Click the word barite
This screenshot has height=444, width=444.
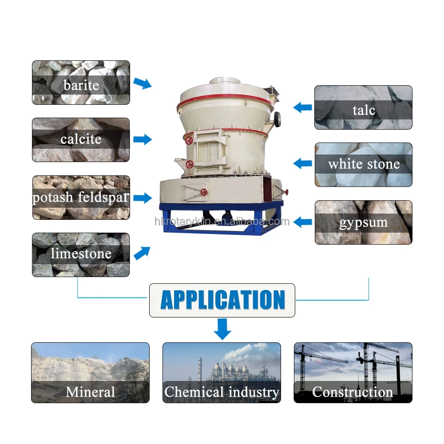(x=81, y=85)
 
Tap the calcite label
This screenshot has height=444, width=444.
(x=81, y=139)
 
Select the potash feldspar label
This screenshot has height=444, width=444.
(x=81, y=197)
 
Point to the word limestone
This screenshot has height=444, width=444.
(x=81, y=254)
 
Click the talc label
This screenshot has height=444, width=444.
(x=364, y=110)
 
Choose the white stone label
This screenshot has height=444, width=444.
(x=364, y=164)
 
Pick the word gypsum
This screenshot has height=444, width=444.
(x=363, y=222)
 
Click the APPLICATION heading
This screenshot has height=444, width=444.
(x=222, y=300)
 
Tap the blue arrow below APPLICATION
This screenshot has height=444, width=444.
(x=222, y=329)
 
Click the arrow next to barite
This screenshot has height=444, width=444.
(x=143, y=83)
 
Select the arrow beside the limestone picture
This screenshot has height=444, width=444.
(x=142, y=253)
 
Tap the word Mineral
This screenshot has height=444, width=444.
(x=90, y=392)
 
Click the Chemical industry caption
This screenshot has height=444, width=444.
(x=222, y=392)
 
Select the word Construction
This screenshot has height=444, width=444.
(x=353, y=392)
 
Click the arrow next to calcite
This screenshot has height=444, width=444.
(x=143, y=139)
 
